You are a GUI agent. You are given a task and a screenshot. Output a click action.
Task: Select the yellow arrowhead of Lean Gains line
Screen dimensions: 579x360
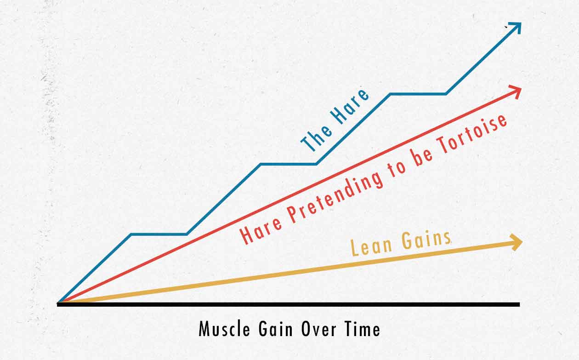517,242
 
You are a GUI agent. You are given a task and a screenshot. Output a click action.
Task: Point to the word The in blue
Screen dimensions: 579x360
316,139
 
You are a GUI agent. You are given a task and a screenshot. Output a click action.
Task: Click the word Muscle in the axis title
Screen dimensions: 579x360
224,329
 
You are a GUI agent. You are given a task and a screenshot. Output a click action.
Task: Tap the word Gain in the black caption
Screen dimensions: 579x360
276,329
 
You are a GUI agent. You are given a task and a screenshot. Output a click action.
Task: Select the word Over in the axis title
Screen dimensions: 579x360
319,329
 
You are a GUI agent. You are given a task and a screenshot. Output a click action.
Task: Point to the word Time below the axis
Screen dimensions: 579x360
363,329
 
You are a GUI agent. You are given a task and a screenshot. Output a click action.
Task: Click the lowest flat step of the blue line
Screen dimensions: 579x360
159,234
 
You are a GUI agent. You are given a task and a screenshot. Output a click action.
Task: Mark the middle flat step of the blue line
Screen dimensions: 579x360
289,164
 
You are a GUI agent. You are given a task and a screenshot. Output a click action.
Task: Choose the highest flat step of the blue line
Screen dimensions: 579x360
418,94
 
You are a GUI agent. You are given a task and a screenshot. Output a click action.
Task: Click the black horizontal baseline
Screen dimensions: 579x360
288,305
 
